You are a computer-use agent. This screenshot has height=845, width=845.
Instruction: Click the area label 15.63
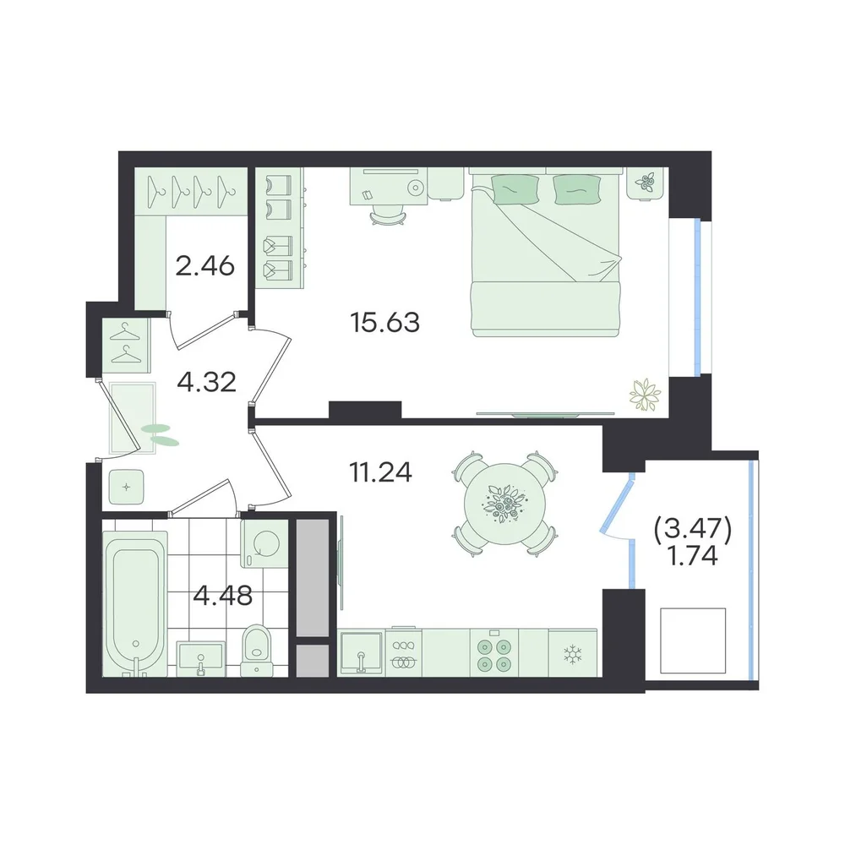[384, 322]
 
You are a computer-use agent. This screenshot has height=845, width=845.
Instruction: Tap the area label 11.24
[380, 472]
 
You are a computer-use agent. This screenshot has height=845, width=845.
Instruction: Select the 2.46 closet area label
[204, 265]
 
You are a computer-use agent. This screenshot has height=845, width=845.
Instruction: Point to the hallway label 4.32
[206, 383]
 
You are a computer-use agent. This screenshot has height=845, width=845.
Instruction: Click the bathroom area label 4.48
[222, 596]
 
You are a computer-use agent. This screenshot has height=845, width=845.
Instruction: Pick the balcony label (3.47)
[693, 531]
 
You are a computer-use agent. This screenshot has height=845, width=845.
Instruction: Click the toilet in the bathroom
[256, 650]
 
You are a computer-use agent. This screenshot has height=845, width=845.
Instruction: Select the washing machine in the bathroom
[264, 543]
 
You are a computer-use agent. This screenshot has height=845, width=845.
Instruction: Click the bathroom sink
[201, 658]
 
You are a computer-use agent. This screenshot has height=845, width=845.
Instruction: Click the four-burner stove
[493, 652]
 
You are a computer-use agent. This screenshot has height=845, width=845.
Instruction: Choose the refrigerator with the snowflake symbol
[572, 652]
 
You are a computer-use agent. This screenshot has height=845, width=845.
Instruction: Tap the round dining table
[504, 504]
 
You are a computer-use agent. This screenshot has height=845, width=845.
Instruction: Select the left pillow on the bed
[515, 189]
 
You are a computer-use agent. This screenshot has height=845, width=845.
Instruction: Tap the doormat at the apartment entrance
[133, 418]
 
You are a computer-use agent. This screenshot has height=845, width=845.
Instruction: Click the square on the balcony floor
[693, 641]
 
